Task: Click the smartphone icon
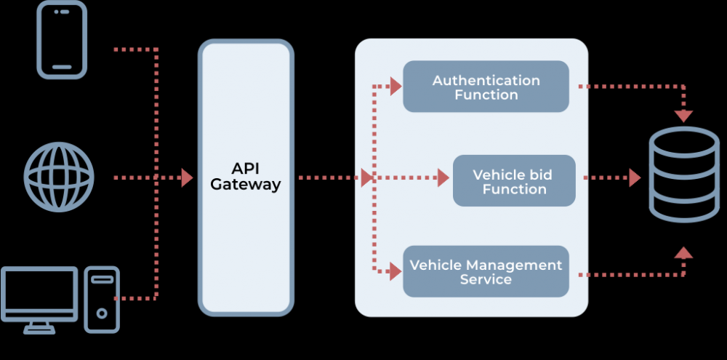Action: coord(63,40)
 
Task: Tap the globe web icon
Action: coord(59,177)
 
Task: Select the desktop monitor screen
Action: coord(39,294)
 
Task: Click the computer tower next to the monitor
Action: coord(102,299)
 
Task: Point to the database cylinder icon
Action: coord(683,174)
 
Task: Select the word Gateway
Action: coord(246,185)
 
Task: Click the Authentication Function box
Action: coord(486,87)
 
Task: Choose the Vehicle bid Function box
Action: coord(514,180)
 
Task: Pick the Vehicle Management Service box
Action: coord(486,271)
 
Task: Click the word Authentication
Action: coord(486,80)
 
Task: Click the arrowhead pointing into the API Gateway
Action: coord(187,177)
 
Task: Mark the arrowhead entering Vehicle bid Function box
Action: coord(443,177)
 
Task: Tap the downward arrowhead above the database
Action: coord(683,116)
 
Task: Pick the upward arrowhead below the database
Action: coord(683,252)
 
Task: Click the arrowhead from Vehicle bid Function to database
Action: coord(635,177)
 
